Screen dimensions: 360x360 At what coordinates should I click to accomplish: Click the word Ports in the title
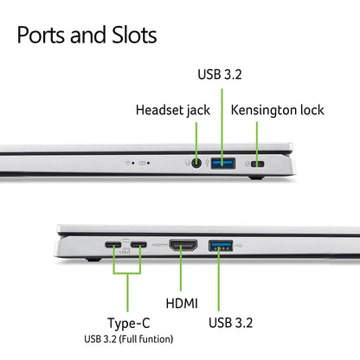point(42,35)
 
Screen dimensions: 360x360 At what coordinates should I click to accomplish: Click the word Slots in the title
point(134,35)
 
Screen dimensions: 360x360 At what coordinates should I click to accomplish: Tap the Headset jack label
point(173,111)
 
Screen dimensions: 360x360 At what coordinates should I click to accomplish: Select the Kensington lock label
point(278,110)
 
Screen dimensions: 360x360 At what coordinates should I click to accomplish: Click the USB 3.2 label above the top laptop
point(220,74)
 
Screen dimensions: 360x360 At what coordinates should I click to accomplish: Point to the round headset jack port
point(196,164)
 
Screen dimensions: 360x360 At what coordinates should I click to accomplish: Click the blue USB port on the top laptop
point(223,164)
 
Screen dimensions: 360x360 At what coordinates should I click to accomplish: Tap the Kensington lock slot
point(258,164)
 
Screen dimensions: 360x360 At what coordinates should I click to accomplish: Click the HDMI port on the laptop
point(183,245)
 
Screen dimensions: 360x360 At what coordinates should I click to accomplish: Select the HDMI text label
point(182,304)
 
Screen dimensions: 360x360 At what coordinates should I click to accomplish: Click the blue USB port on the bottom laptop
point(221,246)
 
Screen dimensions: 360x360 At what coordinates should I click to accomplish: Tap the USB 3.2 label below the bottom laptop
point(230,323)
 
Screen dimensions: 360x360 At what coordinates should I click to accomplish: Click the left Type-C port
point(113,245)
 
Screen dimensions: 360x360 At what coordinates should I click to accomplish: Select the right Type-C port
point(138,245)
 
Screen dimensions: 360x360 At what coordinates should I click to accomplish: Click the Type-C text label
point(129,323)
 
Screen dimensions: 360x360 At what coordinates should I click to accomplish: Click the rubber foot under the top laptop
point(256,177)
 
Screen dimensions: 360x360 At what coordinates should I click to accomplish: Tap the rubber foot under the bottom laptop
point(94,260)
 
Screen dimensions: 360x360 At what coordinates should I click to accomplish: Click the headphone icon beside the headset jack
point(188,164)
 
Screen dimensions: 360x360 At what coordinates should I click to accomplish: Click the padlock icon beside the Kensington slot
point(247,164)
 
